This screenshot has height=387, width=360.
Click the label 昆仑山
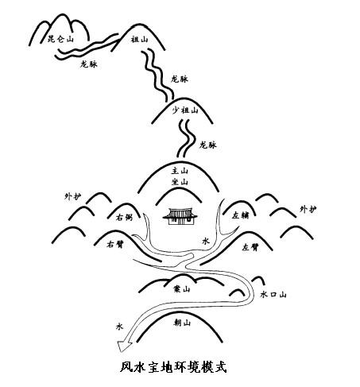[x=60, y=39]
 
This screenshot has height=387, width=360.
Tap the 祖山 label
[x=139, y=40]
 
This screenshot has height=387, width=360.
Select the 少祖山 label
[x=185, y=110]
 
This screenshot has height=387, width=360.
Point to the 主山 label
[x=180, y=171]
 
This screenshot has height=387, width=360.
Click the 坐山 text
[x=180, y=182]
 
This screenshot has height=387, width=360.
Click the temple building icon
[x=180, y=216]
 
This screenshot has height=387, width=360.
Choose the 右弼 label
[x=124, y=218]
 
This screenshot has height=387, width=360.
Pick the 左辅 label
[x=241, y=215]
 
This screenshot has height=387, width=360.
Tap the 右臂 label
[x=115, y=244]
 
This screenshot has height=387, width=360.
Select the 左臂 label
[x=250, y=247]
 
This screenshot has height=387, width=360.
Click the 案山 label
[x=181, y=288]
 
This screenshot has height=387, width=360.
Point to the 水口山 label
[x=273, y=295]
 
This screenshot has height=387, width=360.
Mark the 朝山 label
[x=182, y=323]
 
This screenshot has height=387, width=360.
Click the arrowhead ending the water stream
[x=124, y=346]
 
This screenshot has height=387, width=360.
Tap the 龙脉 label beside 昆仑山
[x=89, y=64]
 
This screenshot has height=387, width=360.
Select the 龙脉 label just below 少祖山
[x=208, y=145]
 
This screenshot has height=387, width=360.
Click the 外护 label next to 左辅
[x=308, y=209]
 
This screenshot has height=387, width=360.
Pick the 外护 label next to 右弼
[x=73, y=196]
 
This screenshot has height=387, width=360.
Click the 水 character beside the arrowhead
[x=119, y=327]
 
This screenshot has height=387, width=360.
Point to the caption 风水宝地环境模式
[x=173, y=367]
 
